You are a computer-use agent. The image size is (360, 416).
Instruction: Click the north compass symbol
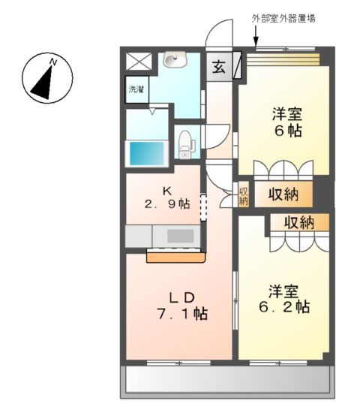46,78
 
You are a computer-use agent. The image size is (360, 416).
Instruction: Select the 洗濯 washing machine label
136,89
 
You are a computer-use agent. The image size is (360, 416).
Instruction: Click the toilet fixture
186,143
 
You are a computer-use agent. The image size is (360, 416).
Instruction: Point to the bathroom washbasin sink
178,59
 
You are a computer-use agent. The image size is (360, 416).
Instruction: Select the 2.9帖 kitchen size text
166,203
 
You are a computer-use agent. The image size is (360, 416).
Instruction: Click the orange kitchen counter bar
175,257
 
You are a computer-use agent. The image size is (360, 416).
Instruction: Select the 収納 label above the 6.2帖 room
298,222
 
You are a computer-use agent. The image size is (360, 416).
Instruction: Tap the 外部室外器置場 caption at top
282,19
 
